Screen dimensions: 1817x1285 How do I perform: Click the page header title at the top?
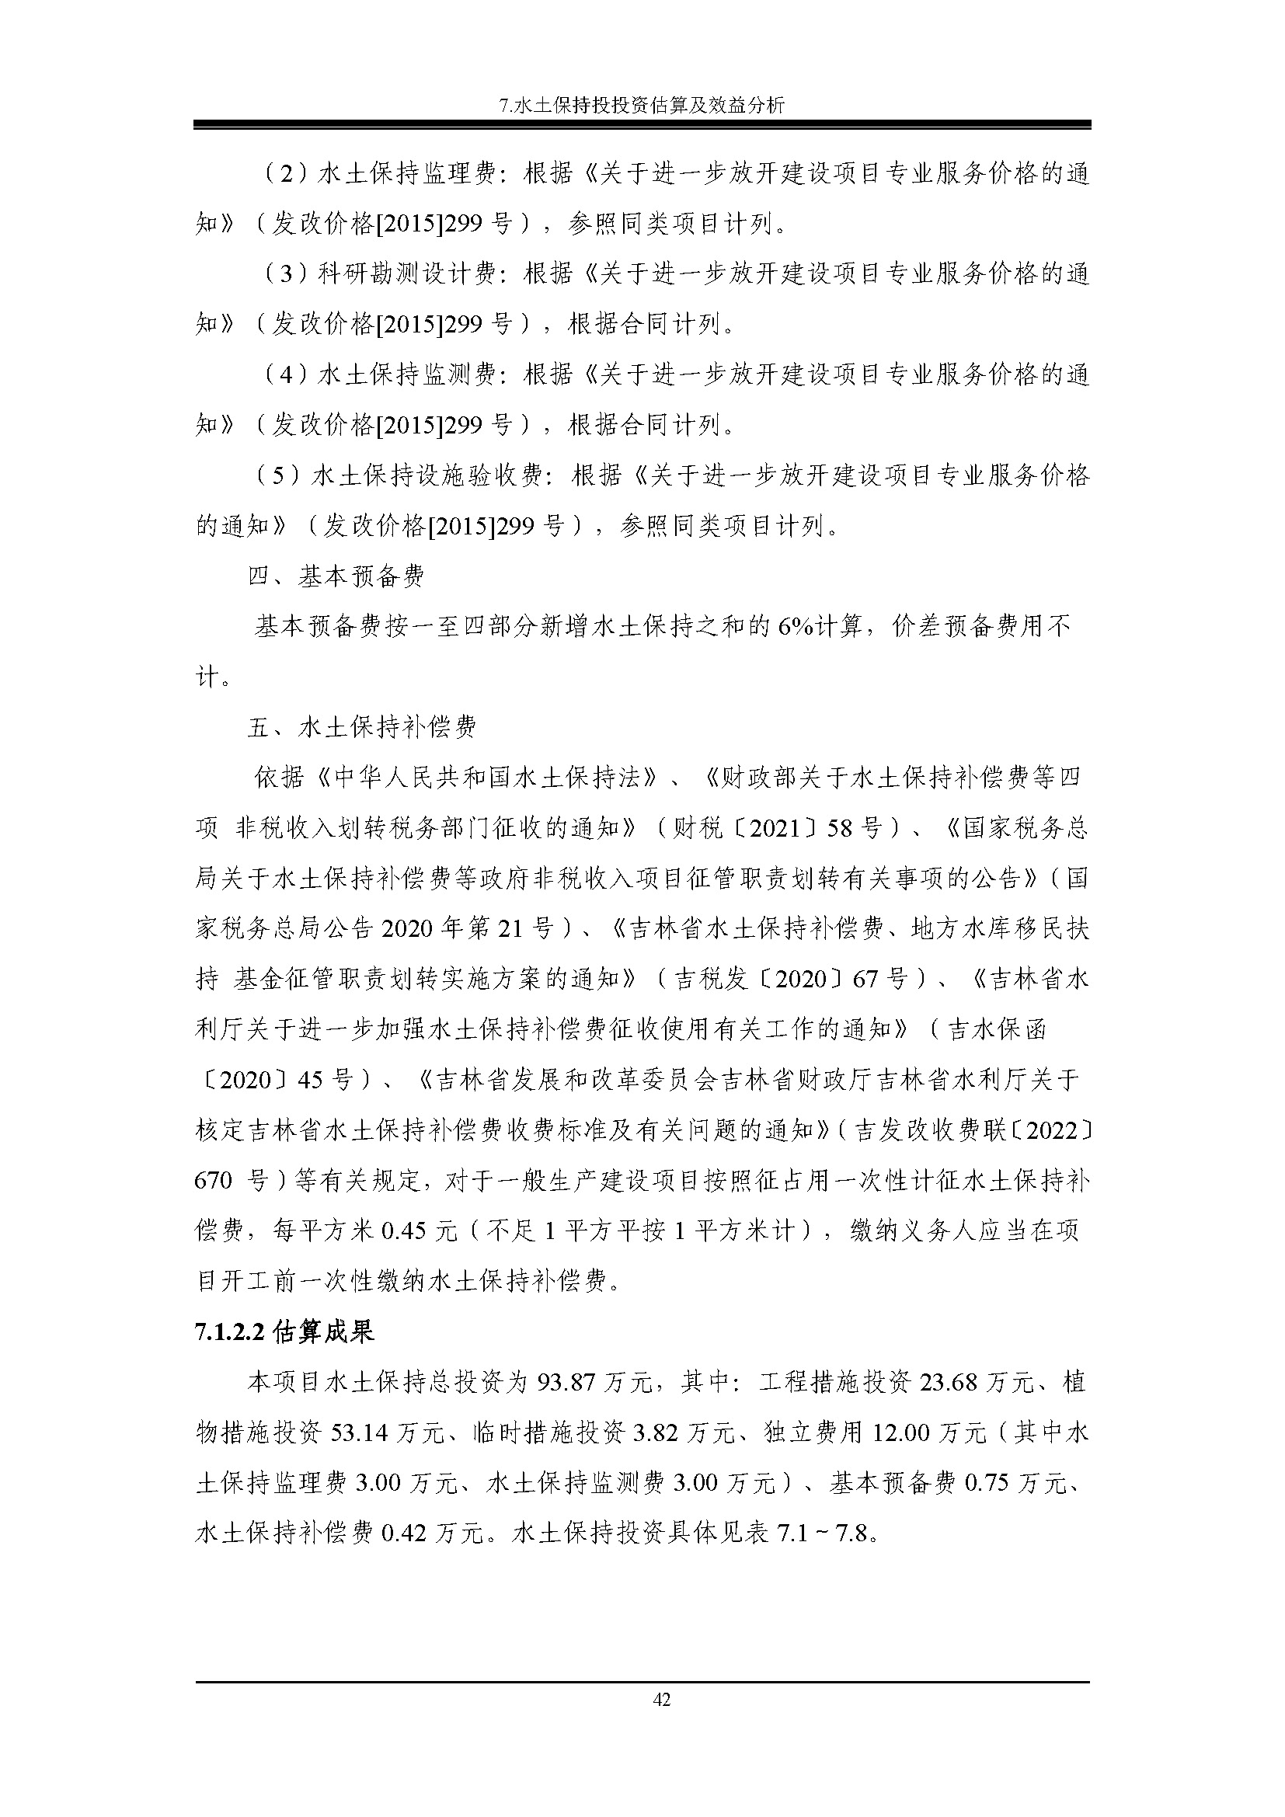pos(642,105)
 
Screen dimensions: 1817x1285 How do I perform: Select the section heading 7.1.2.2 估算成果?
pos(284,1332)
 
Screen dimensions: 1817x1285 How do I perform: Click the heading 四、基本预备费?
pos(336,576)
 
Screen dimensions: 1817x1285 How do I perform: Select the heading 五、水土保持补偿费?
pos(361,727)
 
